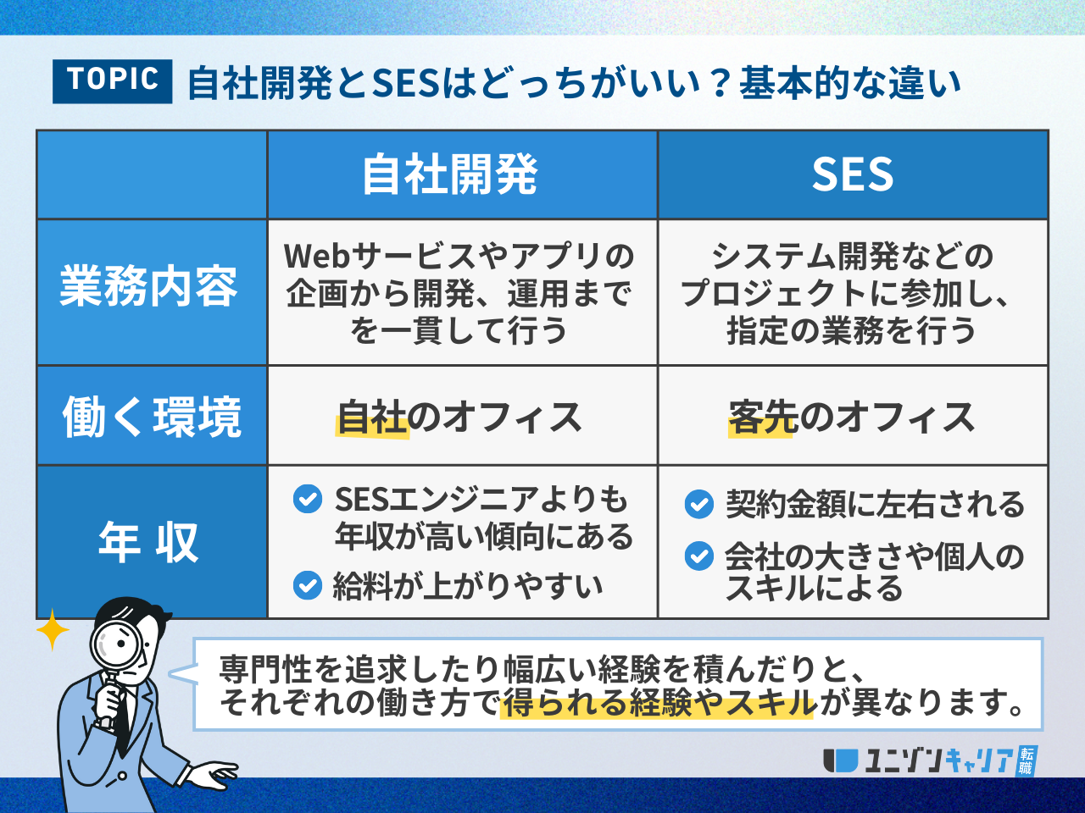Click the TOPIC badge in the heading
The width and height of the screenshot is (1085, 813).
point(112,81)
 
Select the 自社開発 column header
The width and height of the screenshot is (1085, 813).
point(450,174)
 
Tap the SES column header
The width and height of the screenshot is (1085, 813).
point(853,174)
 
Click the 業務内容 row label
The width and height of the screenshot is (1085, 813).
point(149,286)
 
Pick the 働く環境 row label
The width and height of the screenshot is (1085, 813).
point(152,418)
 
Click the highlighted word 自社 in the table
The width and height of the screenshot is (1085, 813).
point(372,418)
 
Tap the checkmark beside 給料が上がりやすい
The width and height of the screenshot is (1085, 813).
point(308,585)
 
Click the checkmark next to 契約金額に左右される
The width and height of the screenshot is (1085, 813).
point(699,504)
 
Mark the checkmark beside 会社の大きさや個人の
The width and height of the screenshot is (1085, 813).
point(699,556)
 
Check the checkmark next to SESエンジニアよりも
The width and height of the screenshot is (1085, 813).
point(308,499)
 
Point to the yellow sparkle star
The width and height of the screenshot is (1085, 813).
point(53,630)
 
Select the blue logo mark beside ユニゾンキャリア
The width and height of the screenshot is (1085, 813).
point(840,760)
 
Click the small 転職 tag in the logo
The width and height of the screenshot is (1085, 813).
point(1027,760)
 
